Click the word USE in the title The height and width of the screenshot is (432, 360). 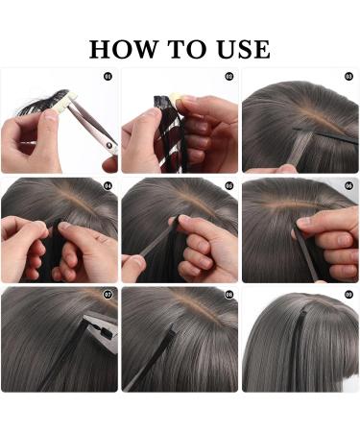click(x=240, y=49)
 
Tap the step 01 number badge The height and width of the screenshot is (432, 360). click(x=107, y=75)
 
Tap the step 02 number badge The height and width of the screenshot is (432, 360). click(x=228, y=75)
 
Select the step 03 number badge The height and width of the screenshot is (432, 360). click(x=349, y=75)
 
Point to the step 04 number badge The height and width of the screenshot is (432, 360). click(x=107, y=185)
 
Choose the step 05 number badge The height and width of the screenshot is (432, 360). click(x=228, y=185)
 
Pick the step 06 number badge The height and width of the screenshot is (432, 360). click(x=349, y=185)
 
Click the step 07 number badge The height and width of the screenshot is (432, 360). click(x=107, y=295)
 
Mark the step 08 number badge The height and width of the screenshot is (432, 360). click(x=228, y=295)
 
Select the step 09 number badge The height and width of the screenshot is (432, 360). click(x=349, y=295)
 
